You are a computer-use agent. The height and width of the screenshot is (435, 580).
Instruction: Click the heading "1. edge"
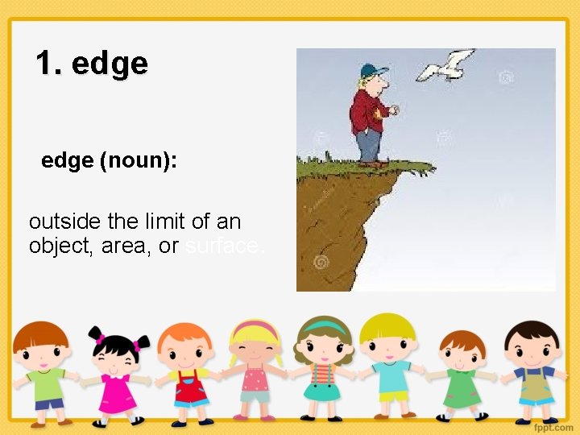pos(92,63)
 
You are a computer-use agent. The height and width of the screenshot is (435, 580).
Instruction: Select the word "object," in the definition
pos(62,246)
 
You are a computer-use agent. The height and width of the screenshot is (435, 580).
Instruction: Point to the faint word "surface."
pos(224,246)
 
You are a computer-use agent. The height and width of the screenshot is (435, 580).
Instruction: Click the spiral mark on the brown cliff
pos(321,263)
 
